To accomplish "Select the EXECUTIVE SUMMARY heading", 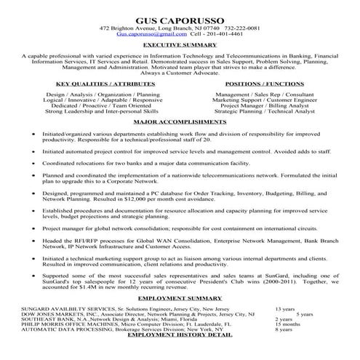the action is click(x=180, y=45).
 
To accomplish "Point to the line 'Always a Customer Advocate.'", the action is click(x=180, y=73).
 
